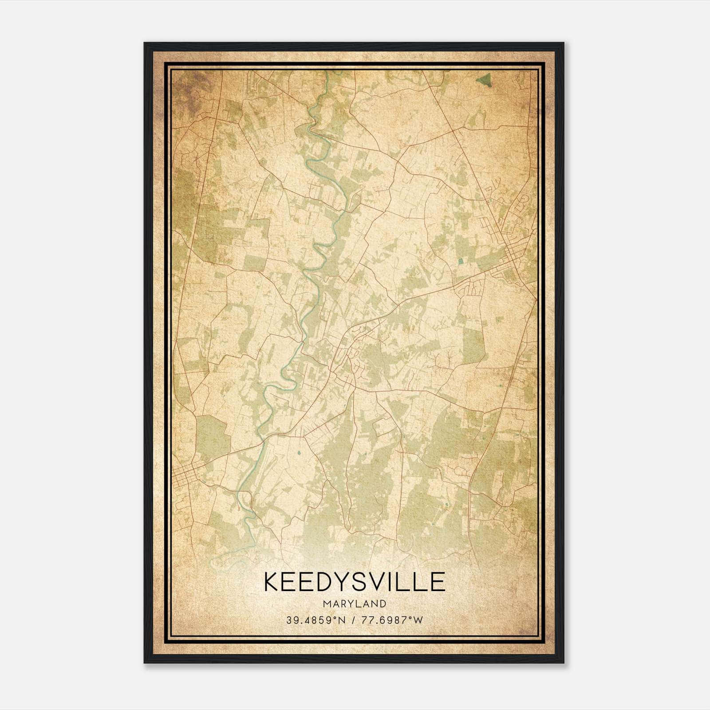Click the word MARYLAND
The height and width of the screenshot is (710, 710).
[x=355, y=604]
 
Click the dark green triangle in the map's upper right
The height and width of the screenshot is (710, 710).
[x=485, y=80]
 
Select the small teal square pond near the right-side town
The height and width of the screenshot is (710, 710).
[x=460, y=261]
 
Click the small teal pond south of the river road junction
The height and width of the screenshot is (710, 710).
[x=299, y=454]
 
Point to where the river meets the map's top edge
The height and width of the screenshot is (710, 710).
[x=327, y=72]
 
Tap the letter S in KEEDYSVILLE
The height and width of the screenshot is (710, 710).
[x=364, y=582]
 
